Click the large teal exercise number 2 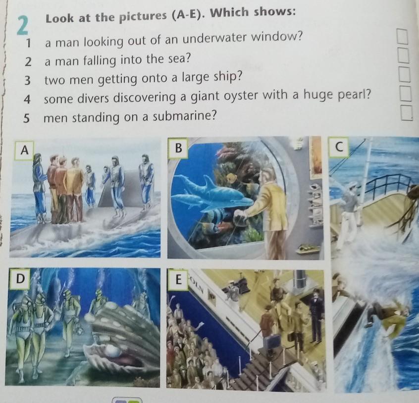[x=23, y=26]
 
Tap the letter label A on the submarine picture [x=24, y=150]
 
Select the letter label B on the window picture [x=178, y=148]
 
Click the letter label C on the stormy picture [x=339, y=147]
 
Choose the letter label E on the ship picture [x=178, y=280]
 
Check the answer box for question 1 [x=402, y=37]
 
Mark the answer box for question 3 [x=404, y=74]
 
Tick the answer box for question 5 [x=406, y=112]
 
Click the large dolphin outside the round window [x=214, y=191]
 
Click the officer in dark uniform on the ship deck [x=316, y=315]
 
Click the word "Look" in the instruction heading [x=59, y=18]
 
